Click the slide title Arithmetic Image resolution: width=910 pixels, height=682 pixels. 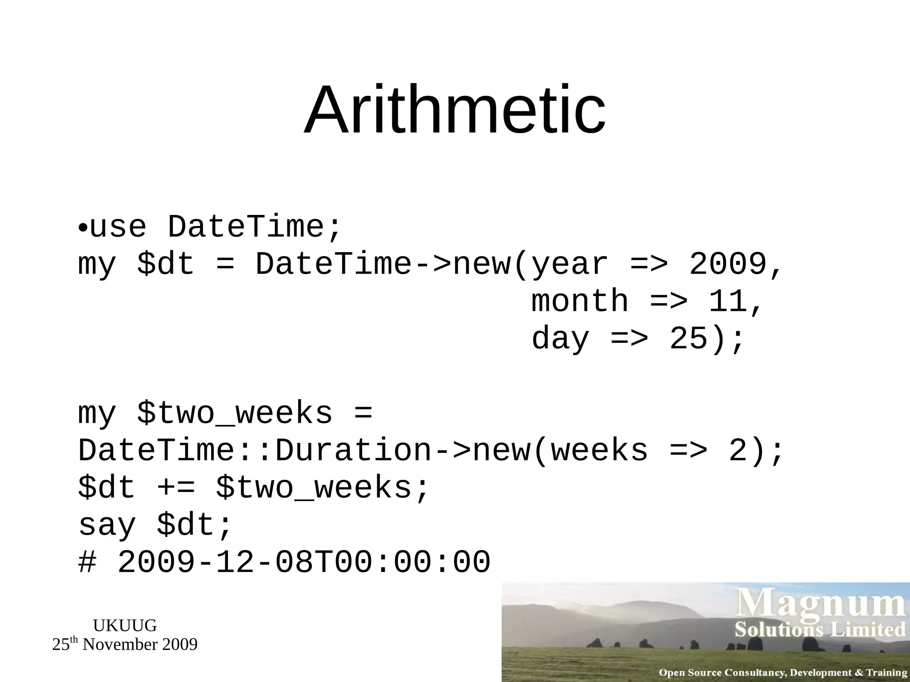coord(455,110)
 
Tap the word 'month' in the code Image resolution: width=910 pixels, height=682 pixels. coord(580,301)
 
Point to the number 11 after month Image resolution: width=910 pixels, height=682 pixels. coord(728,301)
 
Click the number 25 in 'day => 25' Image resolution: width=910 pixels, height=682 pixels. coord(688,339)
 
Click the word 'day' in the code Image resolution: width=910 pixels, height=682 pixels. coord(560,339)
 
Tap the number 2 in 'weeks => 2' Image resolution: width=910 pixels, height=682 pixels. coord(738,451)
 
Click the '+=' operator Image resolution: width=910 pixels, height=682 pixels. coord(176,488)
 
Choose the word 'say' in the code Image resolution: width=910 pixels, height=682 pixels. coord(107,525)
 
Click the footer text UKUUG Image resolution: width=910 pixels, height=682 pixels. coord(125,626)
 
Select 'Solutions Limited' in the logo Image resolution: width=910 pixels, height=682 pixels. coord(820,630)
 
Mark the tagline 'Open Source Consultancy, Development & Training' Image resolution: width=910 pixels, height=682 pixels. coord(783,673)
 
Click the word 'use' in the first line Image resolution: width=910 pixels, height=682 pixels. coord(118,227)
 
